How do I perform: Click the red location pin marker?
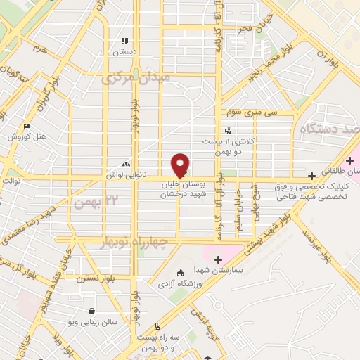pyautogui.click(x=180, y=165)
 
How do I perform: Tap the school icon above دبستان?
pyautogui.click(x=125, y=41)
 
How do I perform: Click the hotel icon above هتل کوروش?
pyautogui.click(x=27, y=126)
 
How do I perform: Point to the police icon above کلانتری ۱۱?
pyautogui.click(x=227, y=130)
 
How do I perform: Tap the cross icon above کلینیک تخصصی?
pyautogui.click(x=311, y=175)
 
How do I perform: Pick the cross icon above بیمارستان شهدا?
pyautogui.click(x=217, y=259)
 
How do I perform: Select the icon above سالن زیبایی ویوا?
pyautogui.click(x=92, y=310)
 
